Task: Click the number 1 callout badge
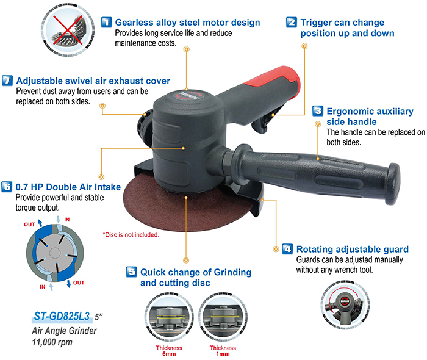coord(106,23)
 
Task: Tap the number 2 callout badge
coord(292,23)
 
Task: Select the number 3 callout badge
coord(318,111)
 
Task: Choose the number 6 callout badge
coord(7,187)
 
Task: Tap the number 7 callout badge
coord(7,81)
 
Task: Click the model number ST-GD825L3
coord(61,316)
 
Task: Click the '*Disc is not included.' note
coord(131,235)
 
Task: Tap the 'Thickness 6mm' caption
coord(165,350)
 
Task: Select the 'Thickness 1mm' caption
coord(223,350)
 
